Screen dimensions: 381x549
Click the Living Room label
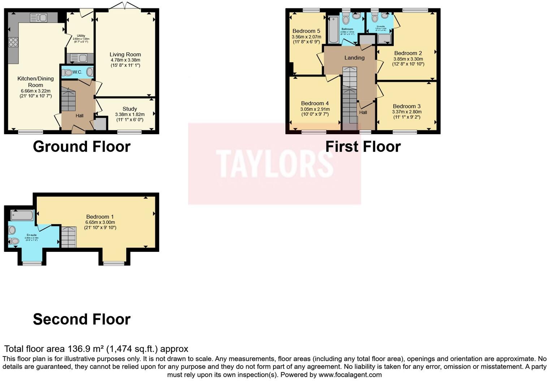pyautogui.click(x=125, y=54)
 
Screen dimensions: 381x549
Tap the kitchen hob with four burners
pyautogui.click(x=13, y=42)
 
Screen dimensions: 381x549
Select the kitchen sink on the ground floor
pyautogui.click(x=39, y=17)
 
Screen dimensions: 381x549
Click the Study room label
pyautogui.click(x=130, y=109)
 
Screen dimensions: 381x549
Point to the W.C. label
pyautogui.click(x=77, y=72)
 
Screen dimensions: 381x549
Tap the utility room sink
pyautogui.click(x=79, y=58)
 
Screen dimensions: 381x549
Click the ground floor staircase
pyautogui.click(x=68, y=100)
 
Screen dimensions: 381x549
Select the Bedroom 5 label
pyautogui.click(x=306, y=31)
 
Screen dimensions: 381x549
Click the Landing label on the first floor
pyautogui.click(x=354, y=58)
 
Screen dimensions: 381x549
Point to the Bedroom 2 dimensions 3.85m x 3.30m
pyautogui.click(x=408, y=59)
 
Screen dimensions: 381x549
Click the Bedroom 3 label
pyautogui.click(x=407, y=106)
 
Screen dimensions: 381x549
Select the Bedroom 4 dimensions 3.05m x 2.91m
pyautogui.click(x=315, y=109)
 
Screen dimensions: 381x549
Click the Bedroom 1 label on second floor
pyautogui.click(x=100, y=217)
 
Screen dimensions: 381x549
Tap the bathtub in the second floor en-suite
pyautogui.click(x=22, y=215)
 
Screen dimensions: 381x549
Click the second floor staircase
pyautogui.click(x=68, y=237)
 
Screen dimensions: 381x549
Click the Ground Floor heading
pyautogui.click(x=82, y=146)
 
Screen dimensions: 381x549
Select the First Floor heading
pyautogui.click(x=363, y=146)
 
